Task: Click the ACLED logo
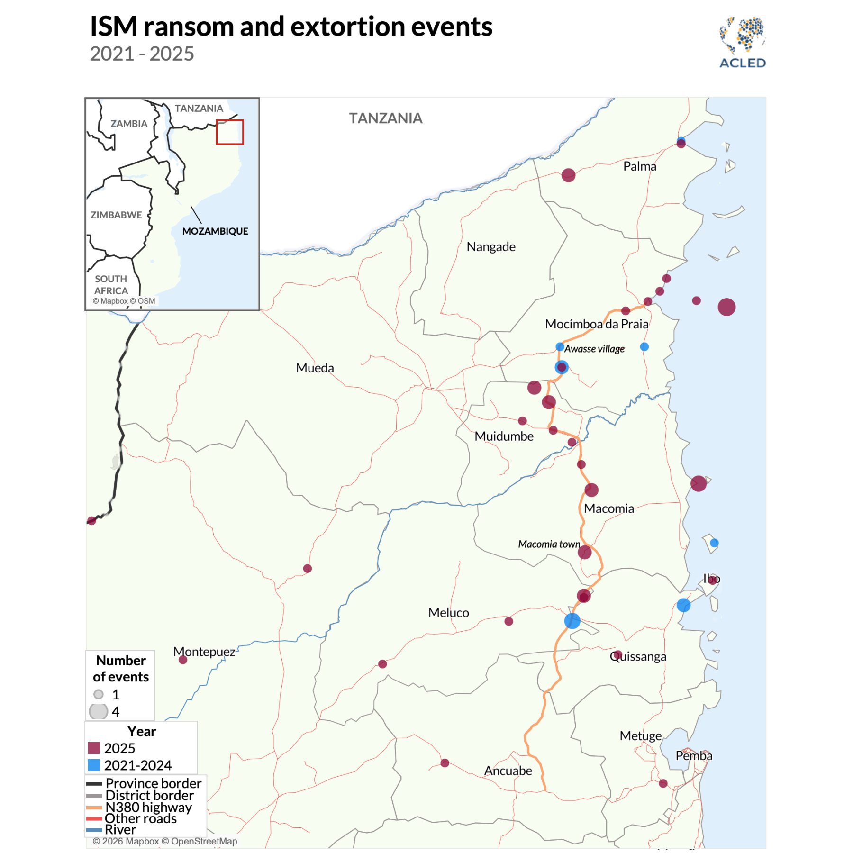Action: (742, 43)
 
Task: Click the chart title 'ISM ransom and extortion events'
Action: (291, 27)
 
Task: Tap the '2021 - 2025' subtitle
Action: (142, 54)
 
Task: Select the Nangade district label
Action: (490, 247)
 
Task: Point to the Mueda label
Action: (315, 368)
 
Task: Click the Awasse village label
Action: (594, 349)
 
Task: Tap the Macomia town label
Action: (549, 544)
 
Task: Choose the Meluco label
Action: (448, 613)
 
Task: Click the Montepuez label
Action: (204, 652)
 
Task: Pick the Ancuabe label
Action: (508, 771)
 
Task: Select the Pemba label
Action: (694, 756)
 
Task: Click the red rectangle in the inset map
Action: (230, 132)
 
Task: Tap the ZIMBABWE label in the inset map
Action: (116, 215)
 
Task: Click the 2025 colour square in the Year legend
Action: (94, 748)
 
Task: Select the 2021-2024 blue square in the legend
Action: (94, 765)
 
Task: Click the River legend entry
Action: (120, 830)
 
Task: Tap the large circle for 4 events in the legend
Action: (99, 711)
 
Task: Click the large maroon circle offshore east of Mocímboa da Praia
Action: (726, 307)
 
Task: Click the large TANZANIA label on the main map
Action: (385, 118)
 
